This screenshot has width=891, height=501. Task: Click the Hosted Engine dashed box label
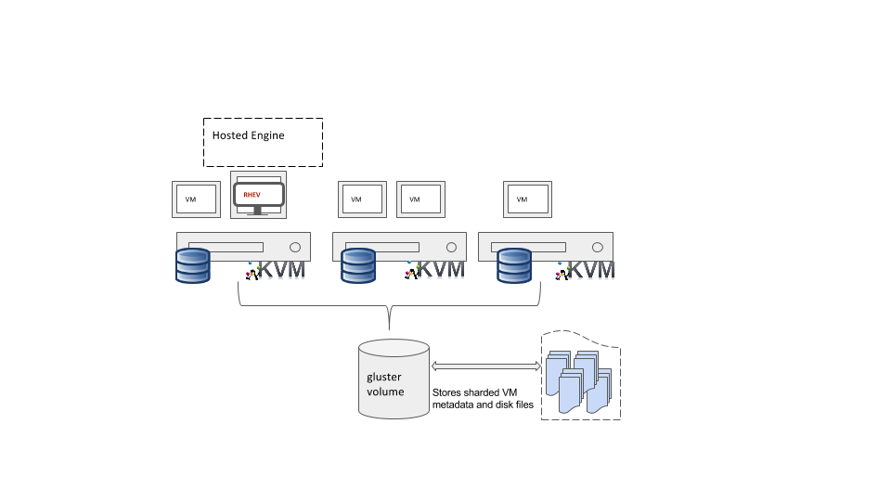click(x=249, y=135)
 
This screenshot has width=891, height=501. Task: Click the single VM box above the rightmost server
click(x=527, y=199)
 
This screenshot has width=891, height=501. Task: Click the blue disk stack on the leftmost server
click(x=193, y=265)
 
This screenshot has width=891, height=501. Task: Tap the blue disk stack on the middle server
click(x=357, y=265)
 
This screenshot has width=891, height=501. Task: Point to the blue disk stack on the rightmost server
click(x=513, y=265)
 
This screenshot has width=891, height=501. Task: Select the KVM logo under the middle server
click(x=435, y=270)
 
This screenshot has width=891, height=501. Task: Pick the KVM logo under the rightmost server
click(x=587, y=270)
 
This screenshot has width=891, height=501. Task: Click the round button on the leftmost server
click(x=295, y=248)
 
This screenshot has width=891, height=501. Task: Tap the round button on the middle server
click(x=451, y=248)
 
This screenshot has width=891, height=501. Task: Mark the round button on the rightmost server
click(x=598, y=248)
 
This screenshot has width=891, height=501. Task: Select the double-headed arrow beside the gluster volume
click(x=486, y=367)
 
